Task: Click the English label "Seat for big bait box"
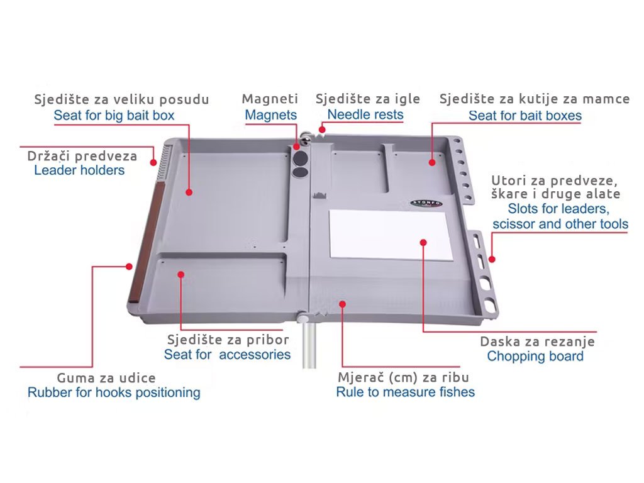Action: [114, 116]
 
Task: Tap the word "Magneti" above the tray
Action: [270, 99]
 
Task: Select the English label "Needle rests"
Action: [365, 114]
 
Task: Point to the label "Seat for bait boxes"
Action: [525, 116]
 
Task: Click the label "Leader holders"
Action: [79, 170]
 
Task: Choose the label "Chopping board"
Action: [535, 356]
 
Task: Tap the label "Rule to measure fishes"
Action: [406, 392]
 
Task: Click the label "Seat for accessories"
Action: [227, 354]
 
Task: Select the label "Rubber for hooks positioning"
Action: [114, 392]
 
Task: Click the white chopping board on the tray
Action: [390, 235]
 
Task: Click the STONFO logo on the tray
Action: [426, 203]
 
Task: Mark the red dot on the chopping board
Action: [423, 242]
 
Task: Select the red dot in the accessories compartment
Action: [180, 274]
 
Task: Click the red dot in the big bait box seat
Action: [189, 192]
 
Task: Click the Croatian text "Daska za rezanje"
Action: [537, 341]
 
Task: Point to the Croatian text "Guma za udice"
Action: [106, 377]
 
